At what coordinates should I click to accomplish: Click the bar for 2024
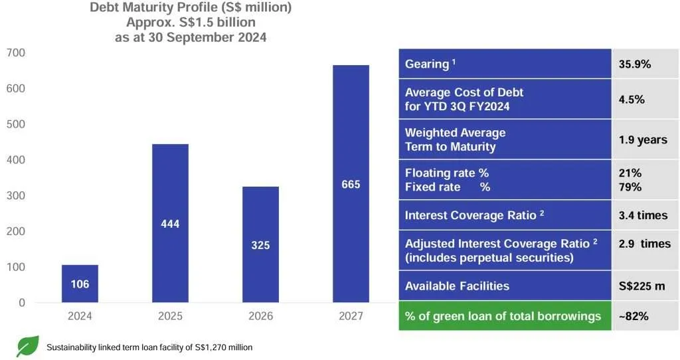pyautogui.click(x=80, y=284)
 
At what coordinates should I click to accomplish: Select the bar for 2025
pyautogui.click(x=170, y=223)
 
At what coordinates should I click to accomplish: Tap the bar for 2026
pyautogui.click(x=260, y=244)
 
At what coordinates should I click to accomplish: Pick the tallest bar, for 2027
pyautogui.click(x=351, y=184)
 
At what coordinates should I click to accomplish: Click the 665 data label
pyautogui.click(x=351, y=185)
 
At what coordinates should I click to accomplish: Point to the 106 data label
pyautogui.click(x=80, y=284)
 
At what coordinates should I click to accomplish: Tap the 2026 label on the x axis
pyautogui.click(x=260, y=316)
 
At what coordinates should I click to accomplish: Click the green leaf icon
pyautogui.click(x=28, y=346)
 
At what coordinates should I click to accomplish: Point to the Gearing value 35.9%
pyautogui.click(x=634, y=64)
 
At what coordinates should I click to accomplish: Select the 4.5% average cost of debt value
pyautogui.click(x=632, y=100)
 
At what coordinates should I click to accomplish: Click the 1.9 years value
pyautogui.click(x=642, y=140)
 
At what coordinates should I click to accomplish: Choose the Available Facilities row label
pyautogui.click(x=457, y=286)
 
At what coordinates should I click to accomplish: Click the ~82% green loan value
pyautogui.click(x=633, y=316)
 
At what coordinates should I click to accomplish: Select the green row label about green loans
pyautogui.click(x=503, y=316)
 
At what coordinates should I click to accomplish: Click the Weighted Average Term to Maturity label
pyautogui.click(x=456, y=139)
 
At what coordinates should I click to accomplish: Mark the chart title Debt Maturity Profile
pyautogui.click(x=191, y=9)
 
